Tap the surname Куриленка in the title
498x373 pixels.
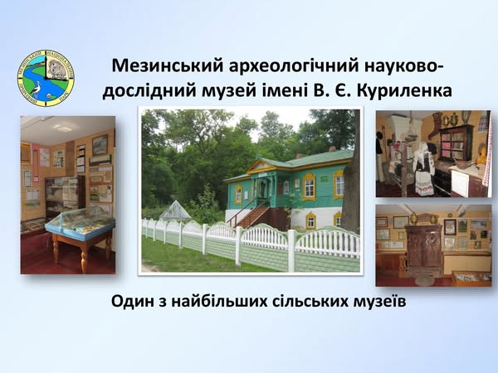tap(404, 91)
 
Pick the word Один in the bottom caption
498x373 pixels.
tap(132, 302)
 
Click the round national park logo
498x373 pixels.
tap(46, 78)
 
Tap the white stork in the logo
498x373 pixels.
tap(37, 89)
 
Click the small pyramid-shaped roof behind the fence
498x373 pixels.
tap(174, 211)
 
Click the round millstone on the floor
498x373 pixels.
tap(425, 280)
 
